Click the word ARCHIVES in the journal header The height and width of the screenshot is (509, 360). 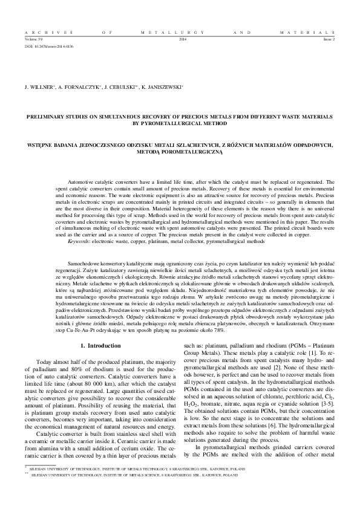[x=42, y=31]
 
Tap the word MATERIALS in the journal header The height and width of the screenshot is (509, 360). [x=308, y=31]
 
